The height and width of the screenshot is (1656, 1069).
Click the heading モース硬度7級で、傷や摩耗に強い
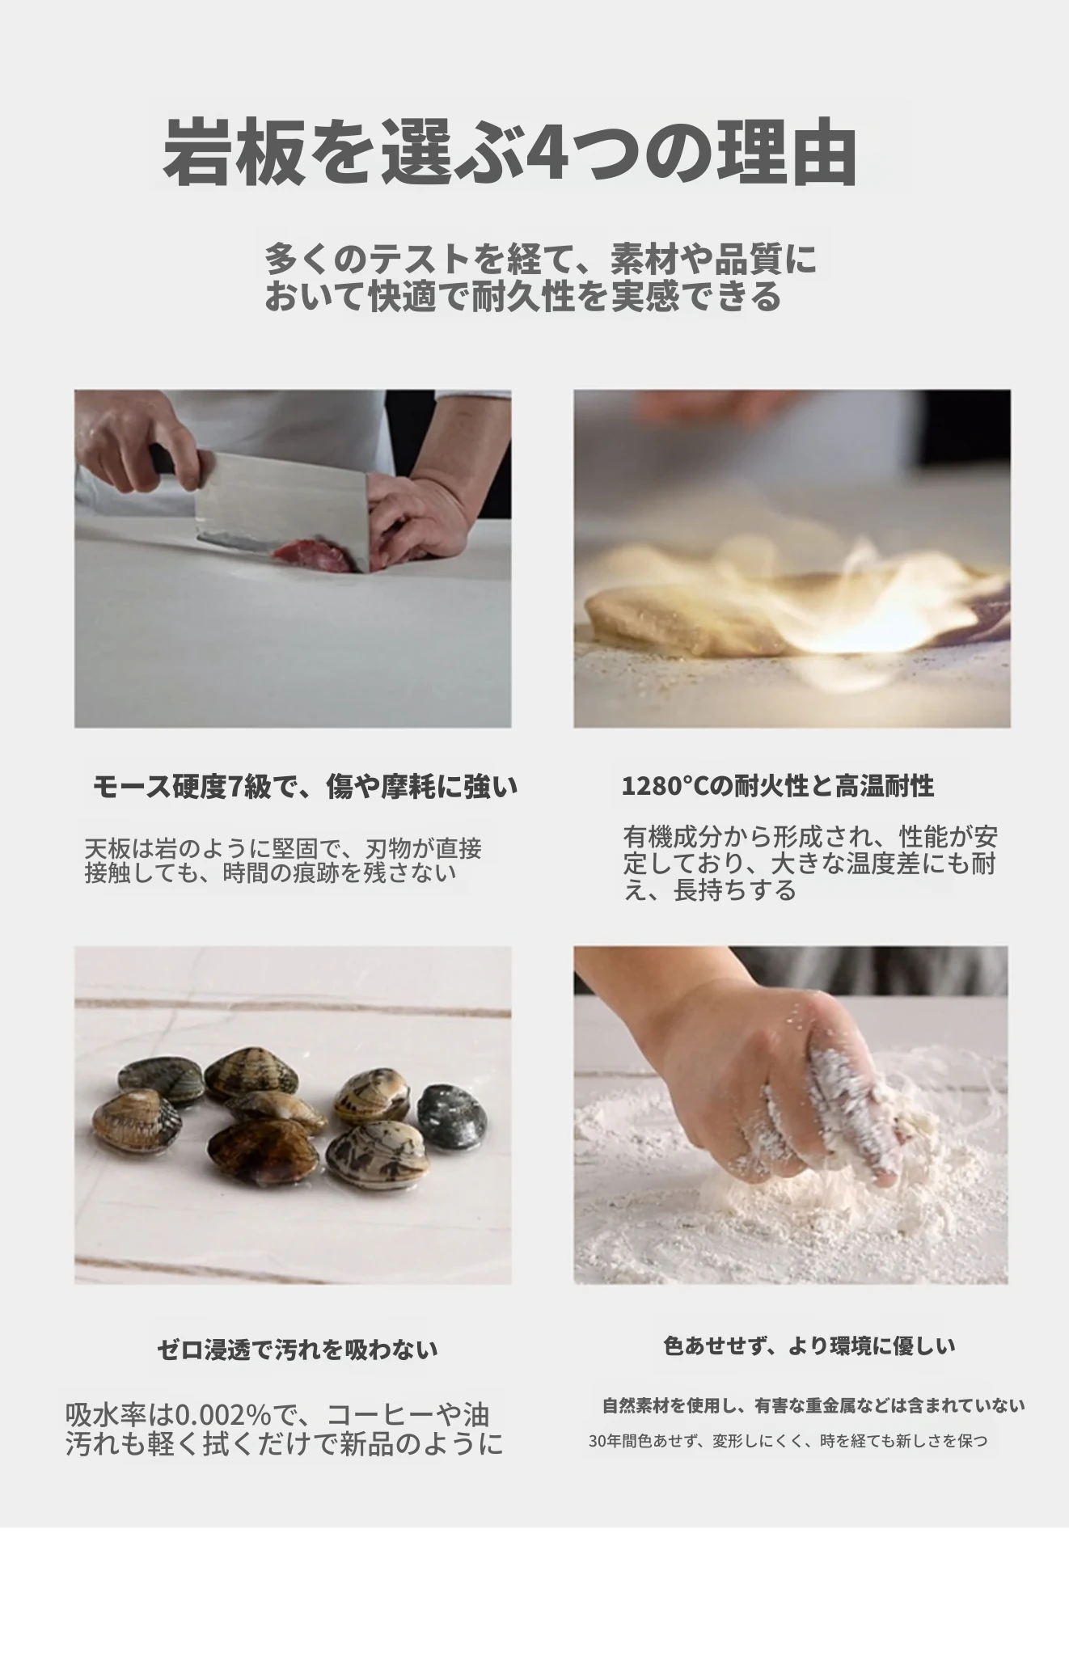[x=305, y=786]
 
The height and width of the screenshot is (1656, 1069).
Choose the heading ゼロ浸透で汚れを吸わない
[x=298, y=1349]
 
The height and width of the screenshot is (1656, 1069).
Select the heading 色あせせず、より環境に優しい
[x=809, y=1345]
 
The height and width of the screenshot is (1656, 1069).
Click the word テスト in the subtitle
[x=421, y=259]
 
